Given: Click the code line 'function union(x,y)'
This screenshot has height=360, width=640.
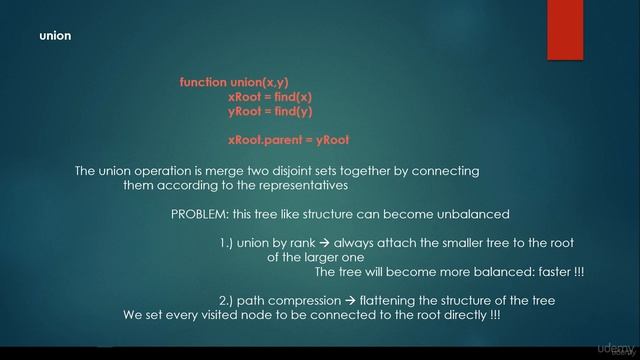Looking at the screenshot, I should (241, 82).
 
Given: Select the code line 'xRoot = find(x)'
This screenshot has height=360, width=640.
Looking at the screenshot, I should (270, 97).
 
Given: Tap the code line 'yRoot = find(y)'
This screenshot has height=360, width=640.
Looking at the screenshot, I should (270, 112).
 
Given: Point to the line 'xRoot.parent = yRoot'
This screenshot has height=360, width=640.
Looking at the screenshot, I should (288, 140).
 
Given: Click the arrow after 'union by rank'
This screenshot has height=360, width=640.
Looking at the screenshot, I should (324, 243).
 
